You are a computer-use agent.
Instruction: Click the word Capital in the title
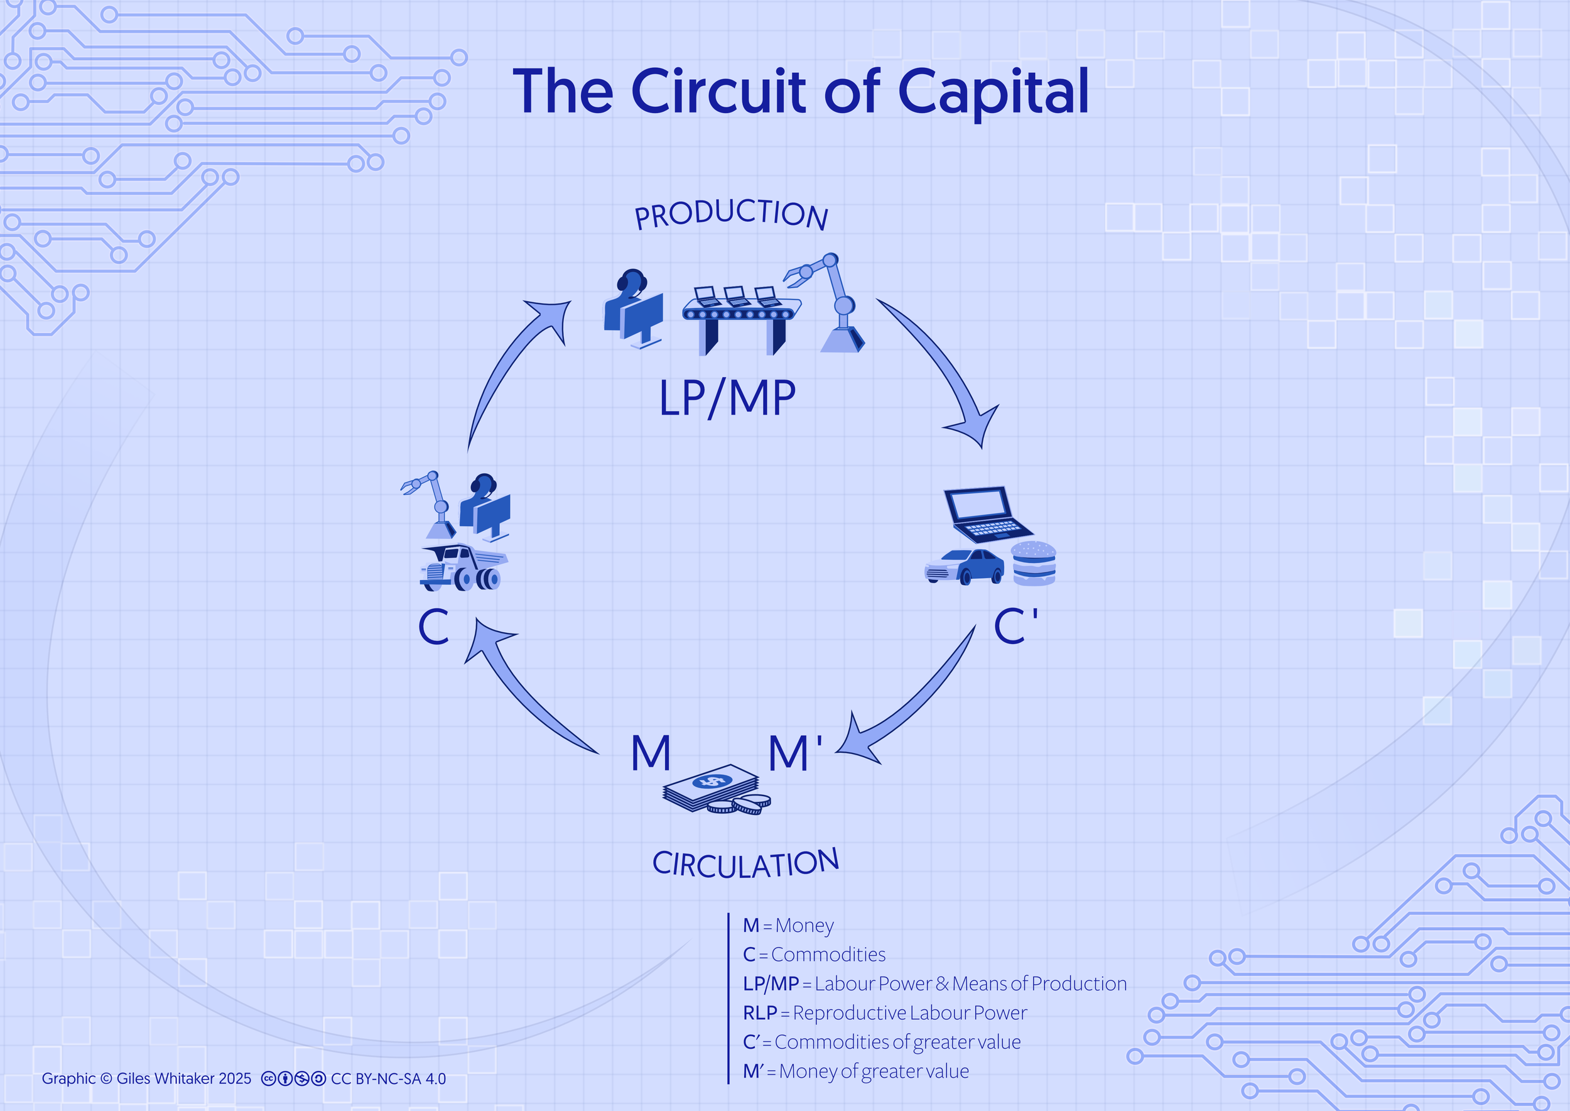[992, 92]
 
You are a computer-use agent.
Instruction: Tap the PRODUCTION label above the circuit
[731, 214]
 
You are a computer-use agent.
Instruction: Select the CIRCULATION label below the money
[745, 864]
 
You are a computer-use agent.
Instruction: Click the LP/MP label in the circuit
[727, 398]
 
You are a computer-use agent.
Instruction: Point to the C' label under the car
[1015, 626]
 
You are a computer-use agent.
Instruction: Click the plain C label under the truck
[433, 627]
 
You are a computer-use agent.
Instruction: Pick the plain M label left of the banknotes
[650, 753]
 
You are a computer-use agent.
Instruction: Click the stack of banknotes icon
[711, 788]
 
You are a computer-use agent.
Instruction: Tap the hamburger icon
[1033, 564]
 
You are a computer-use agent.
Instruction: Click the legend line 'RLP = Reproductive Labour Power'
[885, 1012]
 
